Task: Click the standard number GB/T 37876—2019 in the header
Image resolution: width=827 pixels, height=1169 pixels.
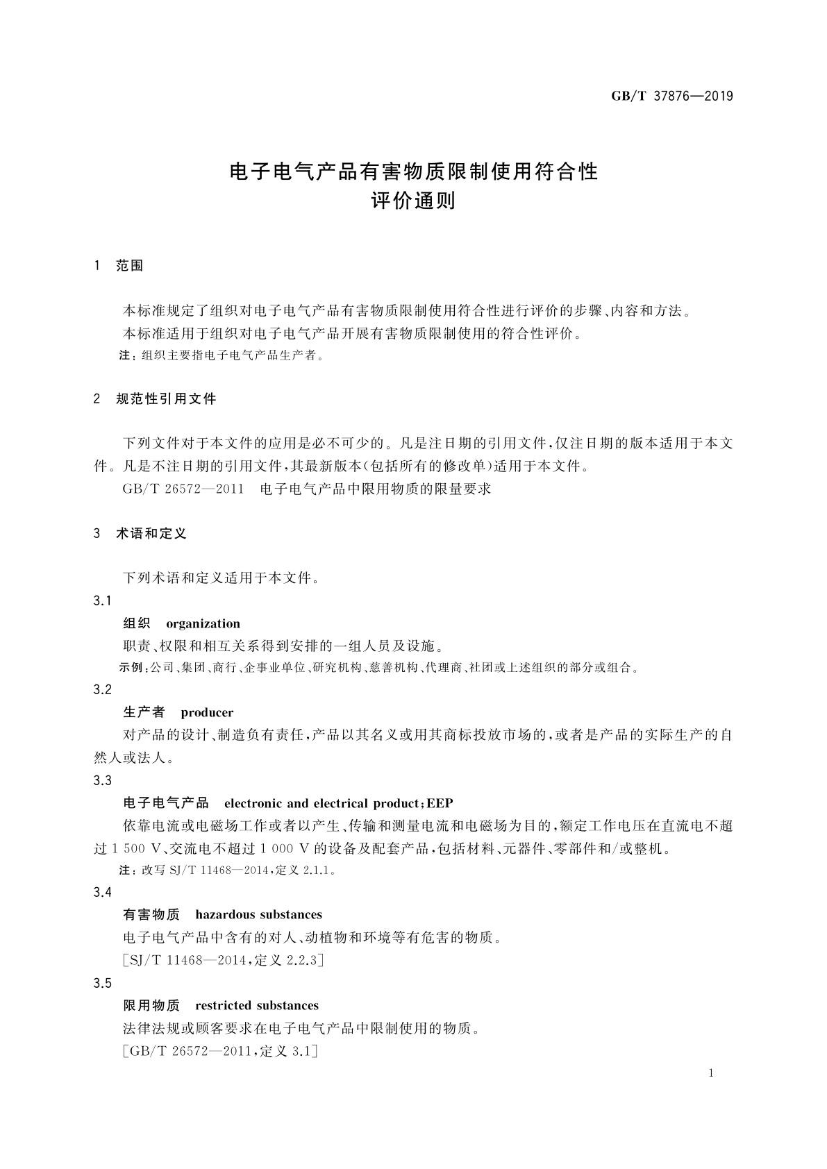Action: coord(671,96)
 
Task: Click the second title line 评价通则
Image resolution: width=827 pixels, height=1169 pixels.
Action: coord(413,201)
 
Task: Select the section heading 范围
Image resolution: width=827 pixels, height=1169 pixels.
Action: coord(130,266)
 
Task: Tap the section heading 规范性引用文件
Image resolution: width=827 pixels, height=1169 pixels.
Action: coord(166,399)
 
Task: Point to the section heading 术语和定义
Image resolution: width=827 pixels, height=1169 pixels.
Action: coord(151,534)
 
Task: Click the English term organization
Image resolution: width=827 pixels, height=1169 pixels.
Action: coord(203,623)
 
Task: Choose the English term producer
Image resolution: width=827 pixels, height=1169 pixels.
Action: coord(207,712)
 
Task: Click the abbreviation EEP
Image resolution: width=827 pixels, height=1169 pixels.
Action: coord(440,803)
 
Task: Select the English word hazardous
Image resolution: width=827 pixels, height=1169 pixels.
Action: coord(226,914)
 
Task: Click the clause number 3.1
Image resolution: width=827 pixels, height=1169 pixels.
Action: coord(102,600)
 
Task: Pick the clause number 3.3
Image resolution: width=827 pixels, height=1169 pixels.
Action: coord(102,781)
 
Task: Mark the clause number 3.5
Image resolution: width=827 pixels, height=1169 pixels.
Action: coord(102,983)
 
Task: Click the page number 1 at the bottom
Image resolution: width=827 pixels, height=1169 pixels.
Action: coord(711,1073)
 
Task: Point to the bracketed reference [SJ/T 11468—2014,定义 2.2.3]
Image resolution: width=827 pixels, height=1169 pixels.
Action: coord(223,961)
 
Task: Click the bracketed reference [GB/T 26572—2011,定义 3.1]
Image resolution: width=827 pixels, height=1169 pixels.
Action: coord(220,1052)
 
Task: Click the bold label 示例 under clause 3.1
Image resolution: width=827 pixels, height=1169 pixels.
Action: coord(131,668)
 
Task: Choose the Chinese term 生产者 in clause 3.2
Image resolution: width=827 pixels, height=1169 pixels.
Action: coord(144,712)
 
